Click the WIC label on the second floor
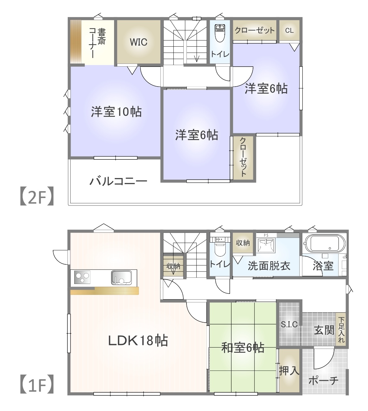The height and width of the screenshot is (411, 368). (x=139, y=42)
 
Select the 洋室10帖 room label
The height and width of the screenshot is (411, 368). (x=116, y=111)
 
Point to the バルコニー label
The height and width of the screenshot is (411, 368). (x=118, y=181)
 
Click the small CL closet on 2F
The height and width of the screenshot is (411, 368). (x=289, y=30)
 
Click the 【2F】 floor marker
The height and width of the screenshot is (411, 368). (x=37, y=196)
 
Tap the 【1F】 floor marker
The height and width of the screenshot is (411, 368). (x=37, y=384)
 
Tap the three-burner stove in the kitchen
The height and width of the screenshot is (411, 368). (x=82, y=277)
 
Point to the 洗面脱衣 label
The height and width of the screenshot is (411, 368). (x=269, y=266)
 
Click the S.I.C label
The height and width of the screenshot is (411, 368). (x=289, y=324)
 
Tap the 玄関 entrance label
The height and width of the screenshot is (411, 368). (x=324, y=330)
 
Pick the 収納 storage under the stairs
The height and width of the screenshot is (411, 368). (x=173, y=266)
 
